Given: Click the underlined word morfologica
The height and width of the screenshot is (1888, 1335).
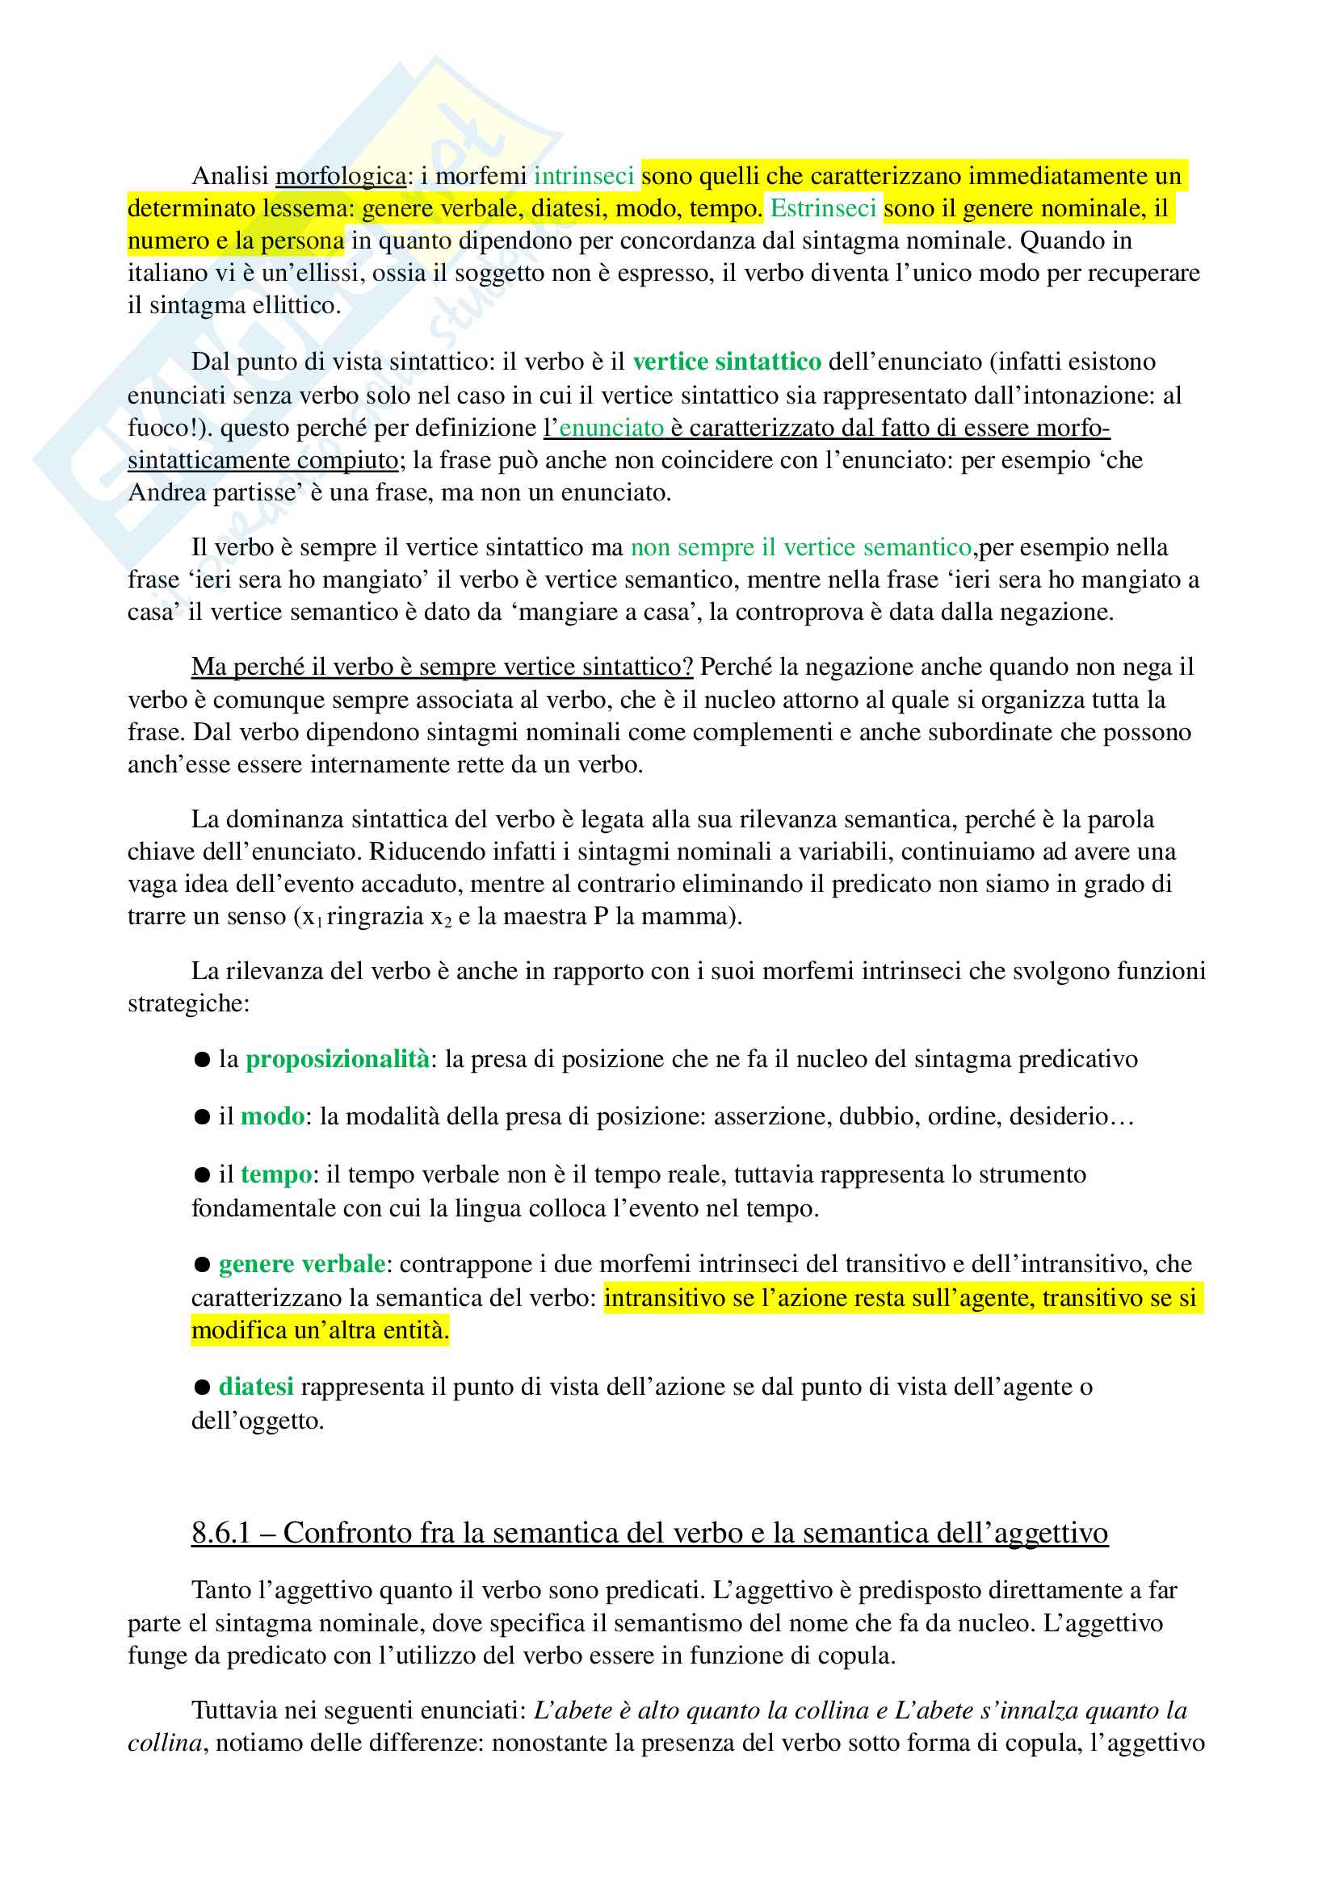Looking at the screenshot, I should [341, 176].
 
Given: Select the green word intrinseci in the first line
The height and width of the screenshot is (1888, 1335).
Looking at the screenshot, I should [583, 176].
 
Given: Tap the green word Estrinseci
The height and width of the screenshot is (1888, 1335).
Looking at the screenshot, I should [822, 209].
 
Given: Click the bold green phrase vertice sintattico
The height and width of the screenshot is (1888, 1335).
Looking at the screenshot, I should [726, 362].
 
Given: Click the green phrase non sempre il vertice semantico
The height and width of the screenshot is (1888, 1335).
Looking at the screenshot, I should [800, 547].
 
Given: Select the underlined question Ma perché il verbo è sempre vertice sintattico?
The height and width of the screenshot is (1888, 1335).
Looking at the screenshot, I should [443, 667].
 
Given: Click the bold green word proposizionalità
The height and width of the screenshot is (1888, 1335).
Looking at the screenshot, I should [338, 1059].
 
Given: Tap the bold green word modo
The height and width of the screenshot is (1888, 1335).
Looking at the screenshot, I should [272, 1116].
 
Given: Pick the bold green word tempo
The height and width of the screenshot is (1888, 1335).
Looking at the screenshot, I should [276, 1174].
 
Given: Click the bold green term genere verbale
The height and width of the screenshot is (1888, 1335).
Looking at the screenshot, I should [302, 1264].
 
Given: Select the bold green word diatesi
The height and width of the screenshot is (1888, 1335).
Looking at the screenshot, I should [256, 1388].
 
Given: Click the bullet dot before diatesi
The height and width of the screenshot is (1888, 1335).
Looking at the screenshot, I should [202, 1388].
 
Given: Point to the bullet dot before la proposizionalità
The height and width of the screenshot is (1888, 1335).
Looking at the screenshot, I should [202, 1060].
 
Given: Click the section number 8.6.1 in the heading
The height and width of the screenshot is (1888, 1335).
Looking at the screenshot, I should [220, 1533].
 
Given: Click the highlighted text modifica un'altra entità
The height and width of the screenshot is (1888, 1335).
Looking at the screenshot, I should [320, 1330].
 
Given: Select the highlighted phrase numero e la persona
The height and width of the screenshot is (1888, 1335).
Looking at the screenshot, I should [235, 241].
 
